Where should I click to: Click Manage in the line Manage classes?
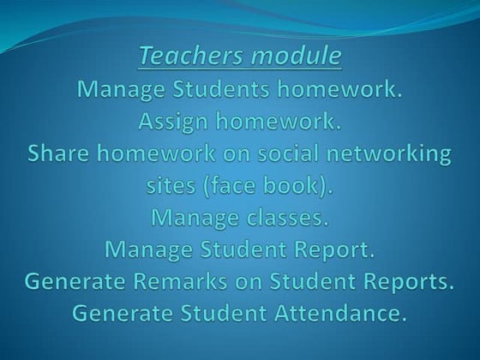190,218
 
